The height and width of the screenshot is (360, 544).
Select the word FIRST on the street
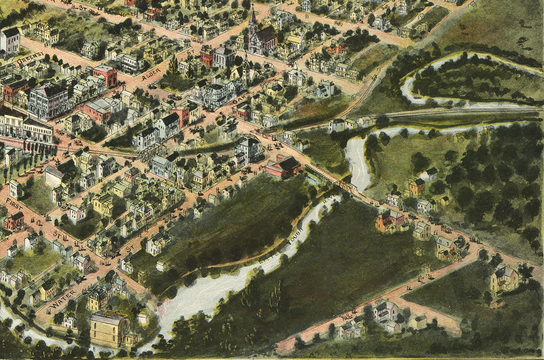15,205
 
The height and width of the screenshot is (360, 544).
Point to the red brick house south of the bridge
390,220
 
